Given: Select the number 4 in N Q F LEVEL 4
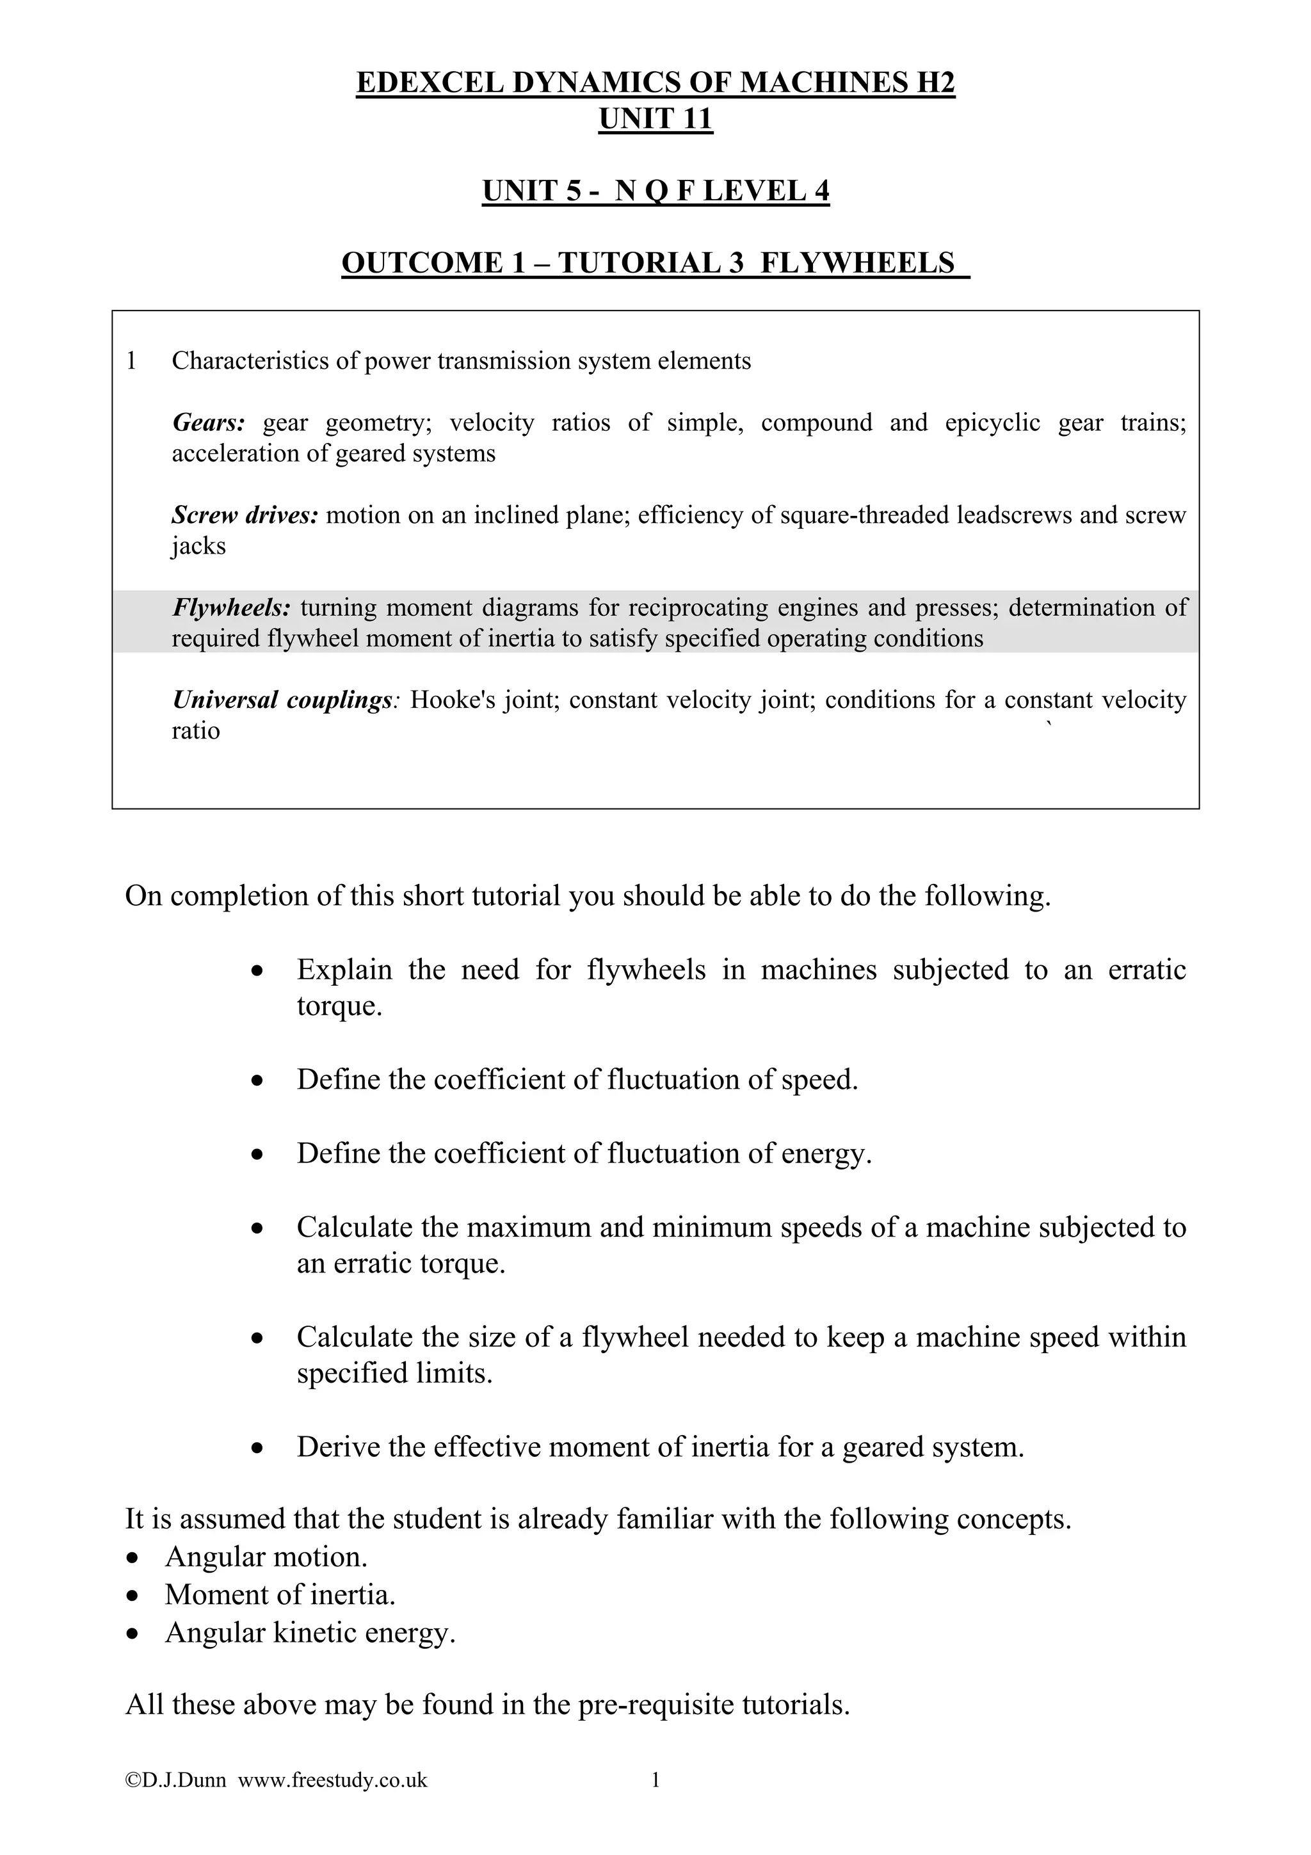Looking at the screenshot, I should (821, 191).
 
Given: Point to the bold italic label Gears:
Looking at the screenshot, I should (209, 422).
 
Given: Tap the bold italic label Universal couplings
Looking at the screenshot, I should (282, 700).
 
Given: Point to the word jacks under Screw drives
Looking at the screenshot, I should (198, 546).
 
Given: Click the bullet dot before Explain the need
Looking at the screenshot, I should (257, 971).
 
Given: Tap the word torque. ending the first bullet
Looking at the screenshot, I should (339, 1007).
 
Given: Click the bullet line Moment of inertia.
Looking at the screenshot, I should (280, 1595).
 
